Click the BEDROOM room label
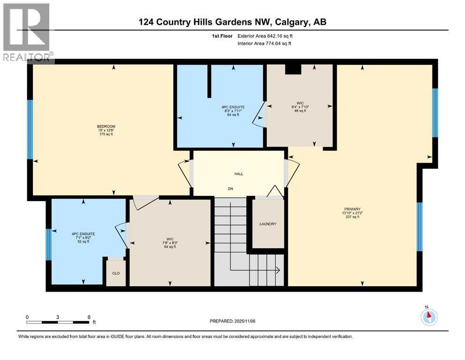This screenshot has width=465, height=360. click(x=105, y=127)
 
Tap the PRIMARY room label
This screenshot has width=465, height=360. click(x=351, y=209)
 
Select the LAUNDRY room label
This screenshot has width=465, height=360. click(x=268, y=224)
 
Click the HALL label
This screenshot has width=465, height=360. click(x=239, y=174)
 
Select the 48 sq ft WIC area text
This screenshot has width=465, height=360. click(x=300, y=111)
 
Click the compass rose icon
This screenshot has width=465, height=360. click(x=428, y=317)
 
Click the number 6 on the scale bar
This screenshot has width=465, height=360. click(x=89, y=317)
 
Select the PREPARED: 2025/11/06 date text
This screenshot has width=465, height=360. click(x=233, y=321)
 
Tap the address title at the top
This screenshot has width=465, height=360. click(x=232, y=22)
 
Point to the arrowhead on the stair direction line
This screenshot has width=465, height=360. click(x=277, y=270)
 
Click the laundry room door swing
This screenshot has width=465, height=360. click(x=275, y=191)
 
